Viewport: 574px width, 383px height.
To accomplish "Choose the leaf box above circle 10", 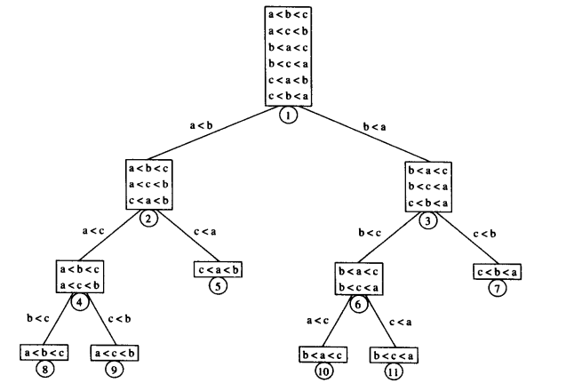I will click(323, 355).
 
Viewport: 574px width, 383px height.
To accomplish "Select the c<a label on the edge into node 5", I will click(206, 234).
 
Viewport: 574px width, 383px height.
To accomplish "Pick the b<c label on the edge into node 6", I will click(369, 234).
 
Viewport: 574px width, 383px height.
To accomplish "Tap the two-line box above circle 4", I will click(80, 275).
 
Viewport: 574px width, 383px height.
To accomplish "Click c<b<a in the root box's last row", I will click(289, 95).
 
